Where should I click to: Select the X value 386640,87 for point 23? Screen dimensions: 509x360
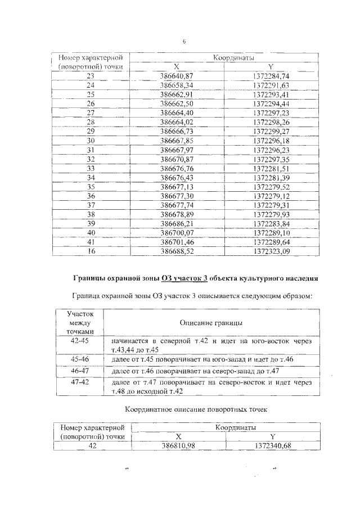[177, 75]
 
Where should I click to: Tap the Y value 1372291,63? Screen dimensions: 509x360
[271, 85]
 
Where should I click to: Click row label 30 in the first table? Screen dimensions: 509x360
[91, 140]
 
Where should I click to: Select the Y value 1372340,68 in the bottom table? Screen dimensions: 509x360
[271, 445]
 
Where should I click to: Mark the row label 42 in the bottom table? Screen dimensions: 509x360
[92, 445]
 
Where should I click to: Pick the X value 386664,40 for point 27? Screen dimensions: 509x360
[177, 112]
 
